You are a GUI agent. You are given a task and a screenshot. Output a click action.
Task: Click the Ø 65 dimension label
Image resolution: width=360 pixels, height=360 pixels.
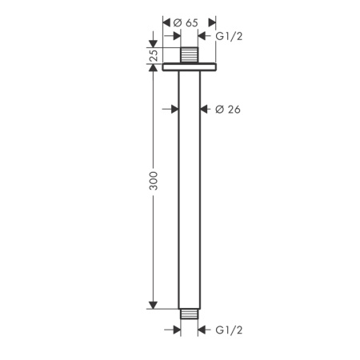point(186,22)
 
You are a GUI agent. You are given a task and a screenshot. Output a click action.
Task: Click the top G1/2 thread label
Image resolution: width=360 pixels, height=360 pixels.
point(229,36)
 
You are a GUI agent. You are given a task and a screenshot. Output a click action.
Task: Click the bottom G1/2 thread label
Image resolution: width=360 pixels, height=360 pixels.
point(229,330)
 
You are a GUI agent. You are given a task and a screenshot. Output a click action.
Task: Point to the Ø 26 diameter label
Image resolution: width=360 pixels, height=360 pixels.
point(228,110)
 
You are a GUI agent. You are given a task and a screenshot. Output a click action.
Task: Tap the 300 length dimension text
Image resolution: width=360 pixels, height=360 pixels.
point(154,181)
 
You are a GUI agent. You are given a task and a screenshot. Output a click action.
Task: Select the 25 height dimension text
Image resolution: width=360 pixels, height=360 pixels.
point(154,55)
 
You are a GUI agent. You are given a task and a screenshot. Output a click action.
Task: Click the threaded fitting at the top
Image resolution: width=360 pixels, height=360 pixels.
point(190,55)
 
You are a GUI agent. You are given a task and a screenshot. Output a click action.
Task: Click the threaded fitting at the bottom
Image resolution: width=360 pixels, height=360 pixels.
point(190,314)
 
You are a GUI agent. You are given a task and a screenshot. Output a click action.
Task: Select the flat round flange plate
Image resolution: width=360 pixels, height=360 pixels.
point(190,67)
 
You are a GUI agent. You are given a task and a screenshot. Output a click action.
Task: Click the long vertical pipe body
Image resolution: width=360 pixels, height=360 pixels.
point(190,190)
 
